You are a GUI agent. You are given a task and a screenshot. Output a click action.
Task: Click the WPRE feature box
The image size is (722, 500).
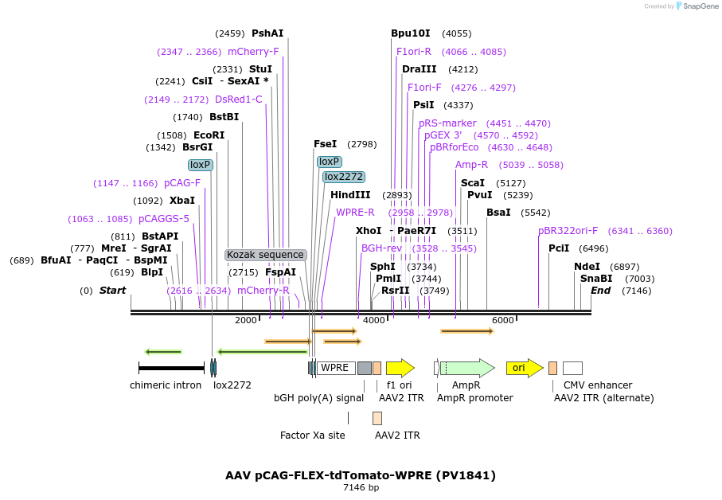coord(336,368)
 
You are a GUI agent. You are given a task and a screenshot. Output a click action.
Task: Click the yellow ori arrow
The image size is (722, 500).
coord(525,368)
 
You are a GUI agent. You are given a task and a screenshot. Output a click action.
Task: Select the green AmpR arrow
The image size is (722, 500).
coord(467,368)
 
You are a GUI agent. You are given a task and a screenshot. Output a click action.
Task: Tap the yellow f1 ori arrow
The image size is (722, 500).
coord(400,368)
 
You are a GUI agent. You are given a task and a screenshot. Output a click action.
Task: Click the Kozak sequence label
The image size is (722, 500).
coord(265,255)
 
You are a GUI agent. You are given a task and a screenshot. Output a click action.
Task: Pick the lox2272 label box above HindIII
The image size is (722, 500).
coord(344,177)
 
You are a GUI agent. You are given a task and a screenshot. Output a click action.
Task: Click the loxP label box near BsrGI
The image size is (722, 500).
coord(201,165)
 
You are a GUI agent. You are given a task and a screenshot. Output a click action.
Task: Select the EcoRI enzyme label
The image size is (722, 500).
coord(209,135)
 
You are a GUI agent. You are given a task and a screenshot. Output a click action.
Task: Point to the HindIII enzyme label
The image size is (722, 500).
coord(350,195)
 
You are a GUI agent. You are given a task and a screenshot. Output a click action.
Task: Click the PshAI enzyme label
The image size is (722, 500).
coord(267,33)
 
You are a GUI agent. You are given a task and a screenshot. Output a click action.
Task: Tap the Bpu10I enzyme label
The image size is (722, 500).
coord(410,33)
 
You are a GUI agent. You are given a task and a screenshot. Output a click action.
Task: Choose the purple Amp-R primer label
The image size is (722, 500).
coord(471,165)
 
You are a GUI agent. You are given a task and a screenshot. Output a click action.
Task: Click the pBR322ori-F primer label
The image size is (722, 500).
coord(568,231)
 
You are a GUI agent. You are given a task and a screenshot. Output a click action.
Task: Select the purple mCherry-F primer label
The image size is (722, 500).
coord(253,52)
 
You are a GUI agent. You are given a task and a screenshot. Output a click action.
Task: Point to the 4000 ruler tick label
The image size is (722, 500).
coord(374,320)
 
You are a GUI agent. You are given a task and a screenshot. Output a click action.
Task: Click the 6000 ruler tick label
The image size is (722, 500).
coord(503,320)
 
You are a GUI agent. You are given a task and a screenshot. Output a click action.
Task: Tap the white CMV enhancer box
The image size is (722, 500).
coord(573,368)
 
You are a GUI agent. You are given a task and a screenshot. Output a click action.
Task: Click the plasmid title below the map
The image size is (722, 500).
coord(361,475)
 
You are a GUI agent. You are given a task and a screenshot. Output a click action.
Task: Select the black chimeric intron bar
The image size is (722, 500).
coord(171,368)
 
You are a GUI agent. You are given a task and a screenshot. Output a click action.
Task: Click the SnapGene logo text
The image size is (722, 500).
coord(701,6)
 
